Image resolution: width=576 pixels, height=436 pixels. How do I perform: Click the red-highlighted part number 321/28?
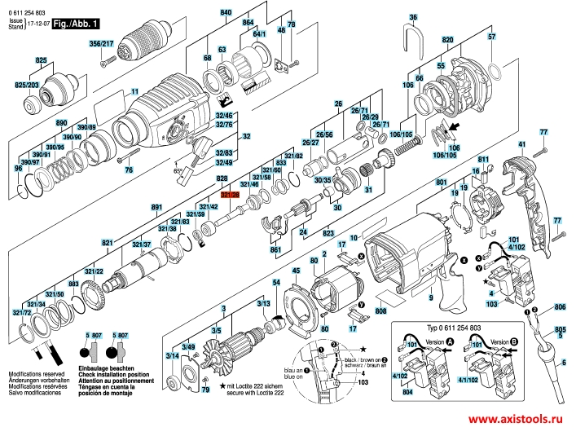pyautogui.click(x=230, y=194)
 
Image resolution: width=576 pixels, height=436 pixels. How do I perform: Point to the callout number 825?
pyautogui.click(x=41, y=61)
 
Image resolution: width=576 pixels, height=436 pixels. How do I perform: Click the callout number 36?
pyautogui.click(x=412, y=17)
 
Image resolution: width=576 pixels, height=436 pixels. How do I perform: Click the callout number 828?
pyautogui.click(x=221, y=177)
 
